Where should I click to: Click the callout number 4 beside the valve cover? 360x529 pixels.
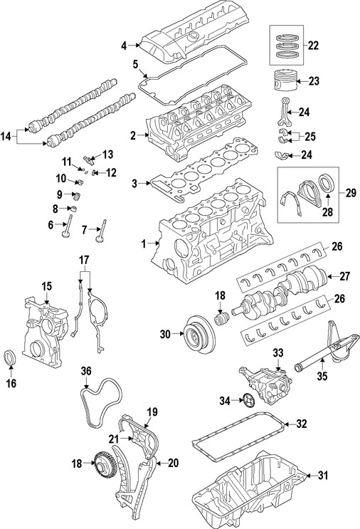[124, 45]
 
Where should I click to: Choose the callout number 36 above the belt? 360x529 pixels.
[85, 370]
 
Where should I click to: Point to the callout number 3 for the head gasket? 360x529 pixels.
[134, 184]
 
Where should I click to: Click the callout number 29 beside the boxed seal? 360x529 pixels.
[351, 193]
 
